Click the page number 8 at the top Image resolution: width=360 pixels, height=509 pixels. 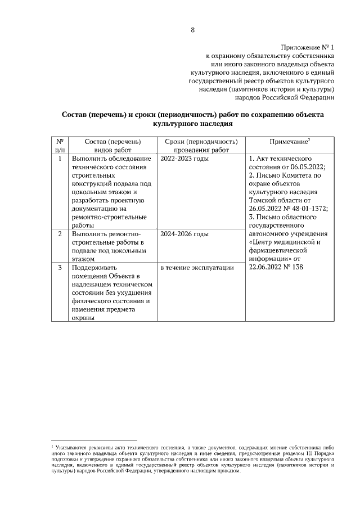coord(192,30)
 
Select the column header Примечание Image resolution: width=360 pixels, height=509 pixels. coord(290,142)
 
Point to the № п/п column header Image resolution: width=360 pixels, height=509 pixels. coord(60,146)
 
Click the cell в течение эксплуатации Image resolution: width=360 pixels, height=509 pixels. coord(197,268)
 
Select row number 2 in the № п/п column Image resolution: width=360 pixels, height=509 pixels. coord(60,233)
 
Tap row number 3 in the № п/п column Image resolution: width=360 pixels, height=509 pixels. coord(60,268)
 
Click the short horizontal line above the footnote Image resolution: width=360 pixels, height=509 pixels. coord(94,440)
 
